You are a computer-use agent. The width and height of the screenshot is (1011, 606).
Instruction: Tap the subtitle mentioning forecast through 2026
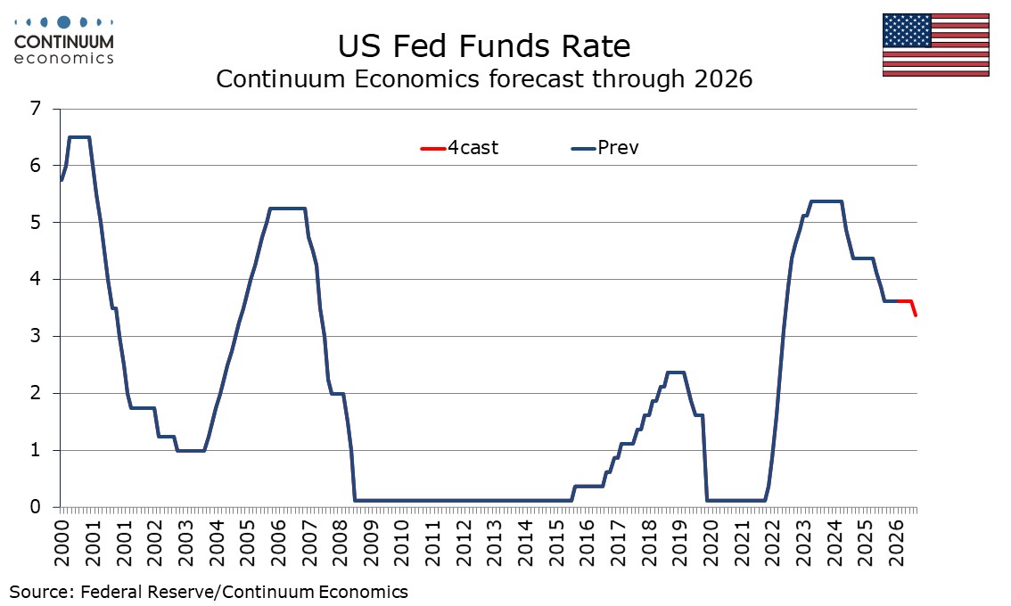(484, 80)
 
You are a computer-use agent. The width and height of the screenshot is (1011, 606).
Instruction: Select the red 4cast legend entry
(460, 148)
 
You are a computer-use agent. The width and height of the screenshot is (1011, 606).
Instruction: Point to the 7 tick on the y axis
(36, 109)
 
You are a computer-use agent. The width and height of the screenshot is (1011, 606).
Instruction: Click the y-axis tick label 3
(36, 337)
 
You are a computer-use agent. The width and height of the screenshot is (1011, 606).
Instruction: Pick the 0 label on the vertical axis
(36, 507)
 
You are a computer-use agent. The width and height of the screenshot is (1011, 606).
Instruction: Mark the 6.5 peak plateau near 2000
(78, 137)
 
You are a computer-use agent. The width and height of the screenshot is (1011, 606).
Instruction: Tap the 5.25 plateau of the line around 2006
(287, 209)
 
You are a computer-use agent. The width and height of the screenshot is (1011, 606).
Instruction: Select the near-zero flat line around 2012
(464, 501)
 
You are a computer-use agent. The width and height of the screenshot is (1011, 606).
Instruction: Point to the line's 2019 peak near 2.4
(676, 373)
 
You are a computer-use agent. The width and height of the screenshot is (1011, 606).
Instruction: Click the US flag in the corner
(935, 44)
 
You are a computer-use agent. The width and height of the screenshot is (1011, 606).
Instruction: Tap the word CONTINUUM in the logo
(64, 42)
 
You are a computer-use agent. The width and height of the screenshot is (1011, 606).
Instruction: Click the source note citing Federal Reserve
(209, 591)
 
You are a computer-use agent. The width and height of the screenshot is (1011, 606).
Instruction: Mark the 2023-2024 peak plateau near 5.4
(825, 201)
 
